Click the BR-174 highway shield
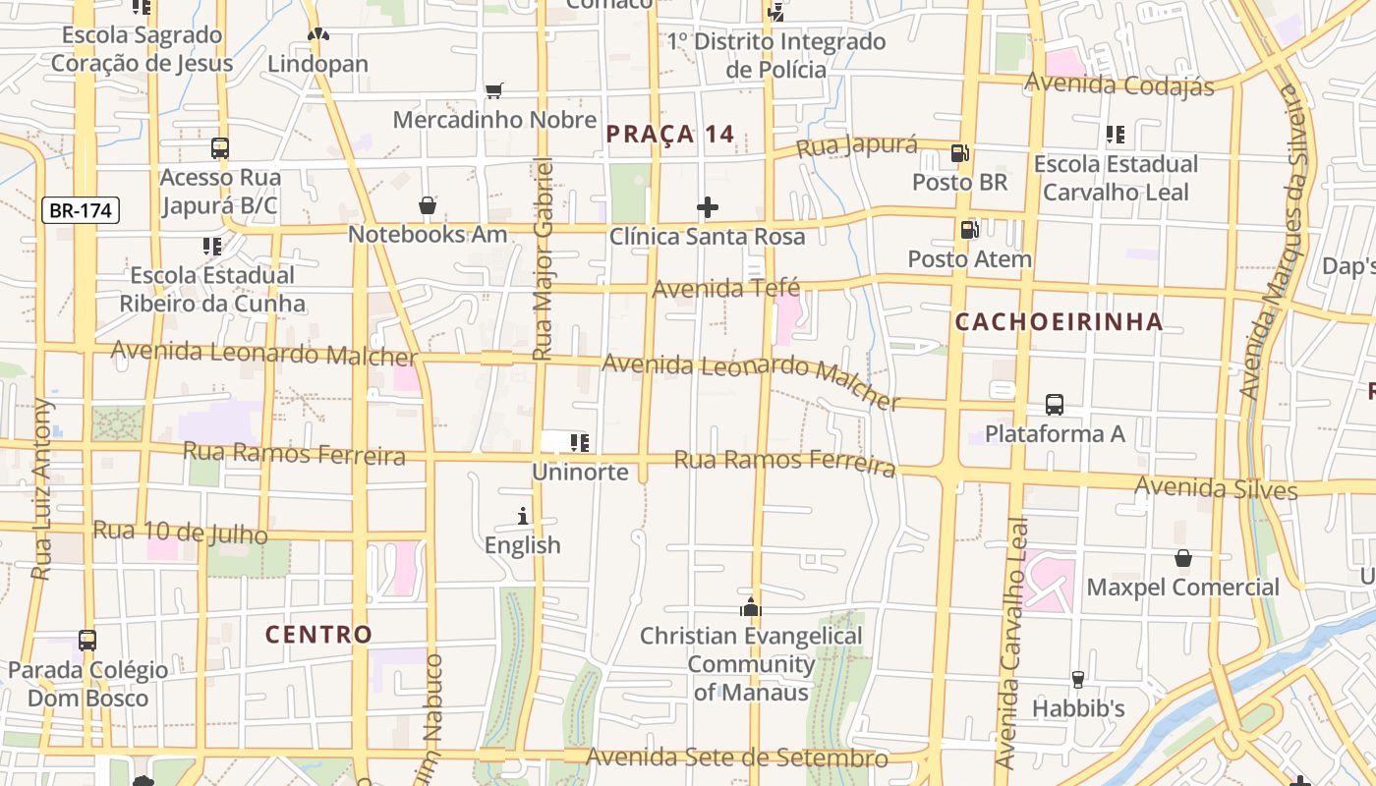point(81,210)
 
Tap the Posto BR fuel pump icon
point(959,153)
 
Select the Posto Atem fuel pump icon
point(969,230)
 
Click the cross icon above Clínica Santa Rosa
point(707,207)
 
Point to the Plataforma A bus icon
point(1055,405)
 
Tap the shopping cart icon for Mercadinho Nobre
point(494,90)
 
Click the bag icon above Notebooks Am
point(428,205)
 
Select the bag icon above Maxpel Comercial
point(1183,558)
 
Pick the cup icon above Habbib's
point(1077,679)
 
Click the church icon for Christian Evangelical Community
point(751,607)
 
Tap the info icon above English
point(523,516)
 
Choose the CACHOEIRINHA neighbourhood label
point(1059,321)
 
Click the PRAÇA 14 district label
point(670,135)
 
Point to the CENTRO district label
point(318,634)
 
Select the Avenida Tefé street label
point(725,289)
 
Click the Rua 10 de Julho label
point(180,532)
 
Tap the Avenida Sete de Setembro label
point(737,758)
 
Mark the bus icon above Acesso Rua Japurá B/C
point(220,148)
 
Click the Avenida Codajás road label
point(1118,84)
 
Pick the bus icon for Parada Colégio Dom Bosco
point(87,641)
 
